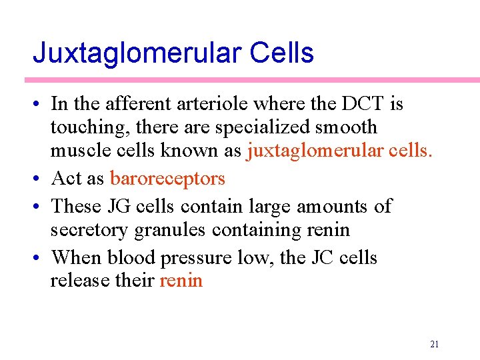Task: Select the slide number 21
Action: [435, 344]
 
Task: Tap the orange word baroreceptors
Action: [167, 179]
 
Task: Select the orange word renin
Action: [181, 280]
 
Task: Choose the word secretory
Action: [90, 230]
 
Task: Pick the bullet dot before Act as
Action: [39, 179]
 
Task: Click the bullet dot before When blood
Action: [39, 257]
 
